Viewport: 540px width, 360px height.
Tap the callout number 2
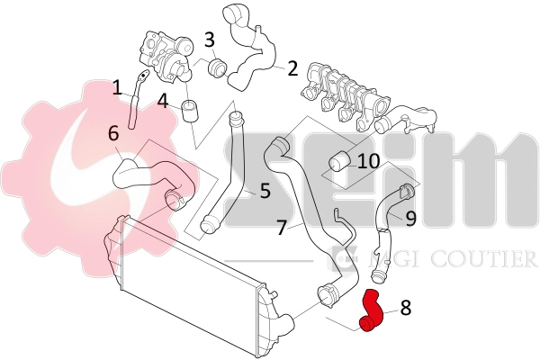[x=292, y=68]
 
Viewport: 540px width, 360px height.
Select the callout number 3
[x=210, y=40]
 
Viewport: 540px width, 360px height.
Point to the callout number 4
[x=162, y=101]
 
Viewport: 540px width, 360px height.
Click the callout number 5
[x=265, y=191]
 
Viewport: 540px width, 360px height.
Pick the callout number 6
[x=113, y=133]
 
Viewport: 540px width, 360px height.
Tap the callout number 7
[x=282, y=228]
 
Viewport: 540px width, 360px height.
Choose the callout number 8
[x=406, y=307]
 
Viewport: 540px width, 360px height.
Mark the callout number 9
[x=411, y=219]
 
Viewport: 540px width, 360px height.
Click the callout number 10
[x=368, y=161]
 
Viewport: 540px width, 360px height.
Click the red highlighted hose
[x=371, y=311]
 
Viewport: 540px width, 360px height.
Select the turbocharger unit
[x=166, y=56]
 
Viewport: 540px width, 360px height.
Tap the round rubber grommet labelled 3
[x=217, y=68]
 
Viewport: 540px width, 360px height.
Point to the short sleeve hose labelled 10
[x=339, y=162]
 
